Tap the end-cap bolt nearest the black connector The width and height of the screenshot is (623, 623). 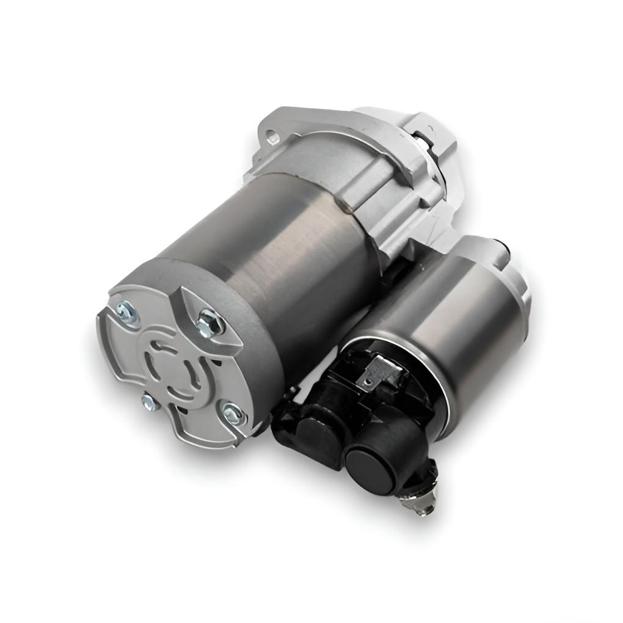tap(232, 415)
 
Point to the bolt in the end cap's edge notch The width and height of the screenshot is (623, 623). tap(148, 401)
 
